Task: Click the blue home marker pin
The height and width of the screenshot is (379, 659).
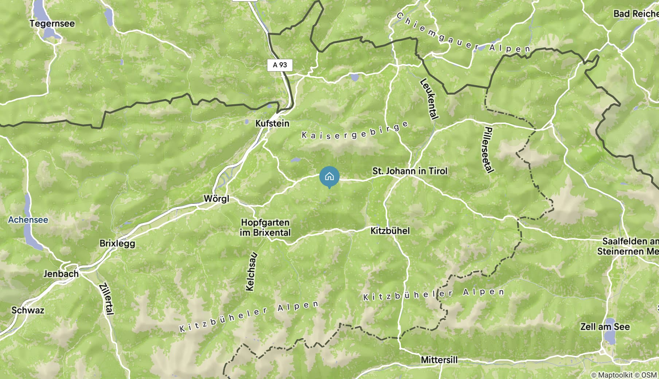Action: [329, 177]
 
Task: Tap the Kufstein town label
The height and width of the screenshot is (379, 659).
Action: [272, 123]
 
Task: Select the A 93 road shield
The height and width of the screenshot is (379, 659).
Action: [280, 65]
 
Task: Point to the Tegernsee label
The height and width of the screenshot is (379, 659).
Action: [52, 23]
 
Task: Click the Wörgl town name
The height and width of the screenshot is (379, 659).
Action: [217, 199]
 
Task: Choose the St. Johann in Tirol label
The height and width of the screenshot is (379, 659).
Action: [410, 171]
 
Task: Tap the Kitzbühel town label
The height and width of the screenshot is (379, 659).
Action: [390, 231]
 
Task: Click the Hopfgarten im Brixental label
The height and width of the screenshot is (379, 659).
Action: [265, 227]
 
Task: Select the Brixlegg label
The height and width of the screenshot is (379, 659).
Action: [117, 243]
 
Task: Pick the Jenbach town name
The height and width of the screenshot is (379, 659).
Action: [61, 274]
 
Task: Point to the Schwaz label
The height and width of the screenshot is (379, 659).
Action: [28, 310]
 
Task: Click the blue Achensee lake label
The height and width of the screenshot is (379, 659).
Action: [28, 220]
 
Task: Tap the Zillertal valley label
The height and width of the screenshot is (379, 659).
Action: [106, 298]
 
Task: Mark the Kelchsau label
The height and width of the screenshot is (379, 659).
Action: [251, 272]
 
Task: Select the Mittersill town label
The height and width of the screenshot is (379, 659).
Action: [439, 360]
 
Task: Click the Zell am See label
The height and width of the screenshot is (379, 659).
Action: [605, 327]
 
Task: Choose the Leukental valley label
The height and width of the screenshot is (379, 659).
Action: [429, 98]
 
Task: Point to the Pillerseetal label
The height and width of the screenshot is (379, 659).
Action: [489, 150]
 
